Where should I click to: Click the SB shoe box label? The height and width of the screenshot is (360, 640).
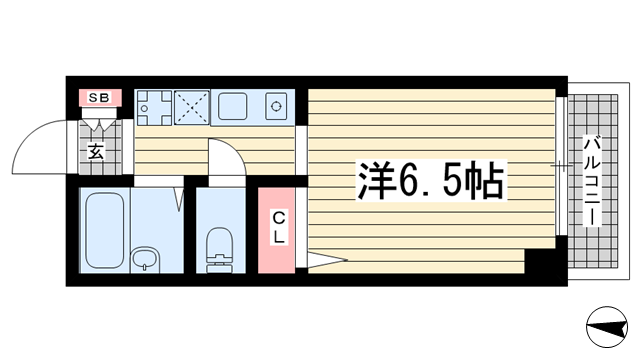click(99, 98)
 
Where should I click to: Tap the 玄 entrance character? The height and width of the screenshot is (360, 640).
click(96, 152)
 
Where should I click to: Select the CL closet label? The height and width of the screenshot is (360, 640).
click(279, 227)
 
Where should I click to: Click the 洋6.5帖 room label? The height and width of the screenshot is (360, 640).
click(431, 180)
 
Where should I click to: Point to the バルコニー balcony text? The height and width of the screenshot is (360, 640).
click(592, 182)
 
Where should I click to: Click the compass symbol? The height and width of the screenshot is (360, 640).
click(607, 327)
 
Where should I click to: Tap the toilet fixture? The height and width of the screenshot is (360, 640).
click(220, 249)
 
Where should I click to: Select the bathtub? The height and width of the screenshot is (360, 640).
click(104, 230)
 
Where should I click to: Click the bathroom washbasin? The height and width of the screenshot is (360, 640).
click(146, 259)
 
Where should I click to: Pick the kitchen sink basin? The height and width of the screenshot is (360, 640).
click(232, 106)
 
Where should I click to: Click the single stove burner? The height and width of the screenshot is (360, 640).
click(276, 107)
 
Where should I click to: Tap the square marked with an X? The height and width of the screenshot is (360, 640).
click(192, 107)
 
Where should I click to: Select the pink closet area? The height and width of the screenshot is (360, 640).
click(276, 230)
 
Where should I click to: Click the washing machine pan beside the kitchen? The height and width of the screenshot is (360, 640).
click(154, 108)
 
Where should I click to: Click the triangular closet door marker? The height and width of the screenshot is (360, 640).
click(327, 260)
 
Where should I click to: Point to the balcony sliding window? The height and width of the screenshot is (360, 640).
click(562, 166)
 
